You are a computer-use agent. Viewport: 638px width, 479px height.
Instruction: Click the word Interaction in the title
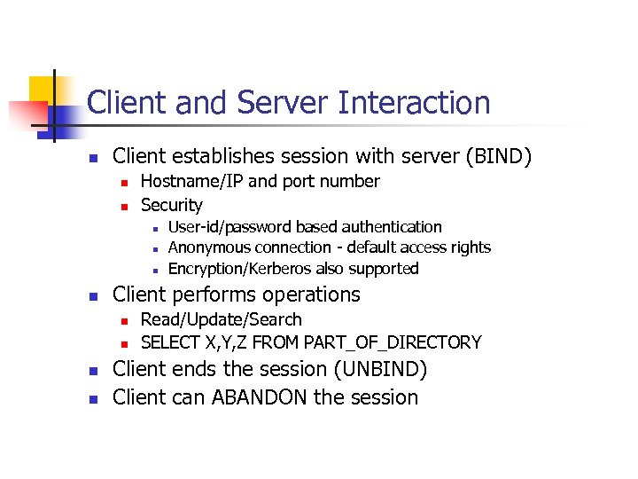[414, 103]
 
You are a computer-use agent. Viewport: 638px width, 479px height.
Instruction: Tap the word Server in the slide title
[282, 103]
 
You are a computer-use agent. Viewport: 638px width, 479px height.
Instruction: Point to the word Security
[172, 205]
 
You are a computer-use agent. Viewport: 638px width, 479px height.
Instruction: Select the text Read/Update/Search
[222, 319]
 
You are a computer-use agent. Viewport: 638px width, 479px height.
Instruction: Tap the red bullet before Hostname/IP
[125, 183]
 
